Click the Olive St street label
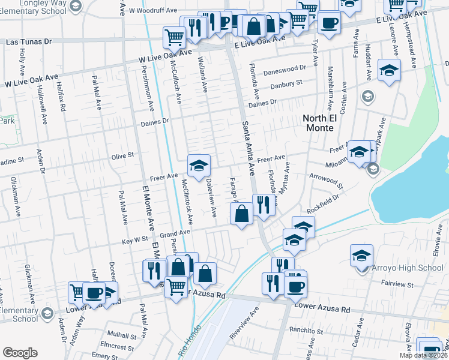pyautogui.click(x=122, y=156)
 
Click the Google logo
pyautogui.click(x=20, y=353)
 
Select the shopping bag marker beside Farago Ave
pyautogui.click(x=241, y=214)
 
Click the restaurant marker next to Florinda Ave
pyautogui.click(x=263, y=205)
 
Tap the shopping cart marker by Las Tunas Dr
pyautogui.click(x=174, y=37)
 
